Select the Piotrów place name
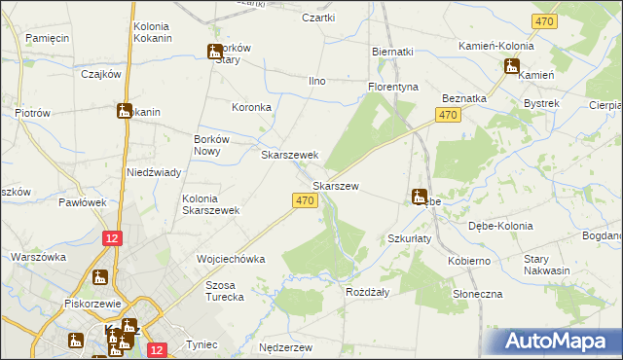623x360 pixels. pos(32,113)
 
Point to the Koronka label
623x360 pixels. pos(250,107)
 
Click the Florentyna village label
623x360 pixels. pos(392,87)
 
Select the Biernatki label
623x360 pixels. pos(393,52)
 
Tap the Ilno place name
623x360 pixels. pos(316,81)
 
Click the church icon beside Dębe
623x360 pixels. pos(419,197)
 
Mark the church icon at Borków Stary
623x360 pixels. pos(214,53)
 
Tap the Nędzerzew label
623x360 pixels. pos(284,347)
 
